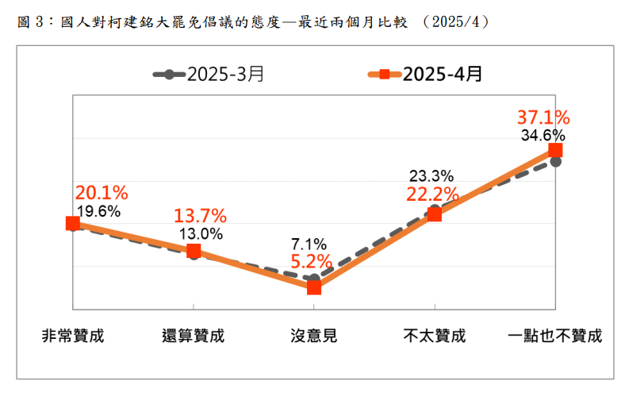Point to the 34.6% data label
[x=543, y=136]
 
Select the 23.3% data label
[x=431, y=176]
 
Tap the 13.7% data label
[x=201, y=215]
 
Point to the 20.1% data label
[x=101, y=192]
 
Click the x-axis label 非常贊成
[x=73, y=335]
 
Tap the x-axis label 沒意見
[x=314, y=335]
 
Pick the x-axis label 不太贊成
[x=434, y=335]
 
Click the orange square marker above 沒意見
[x=314, y=287]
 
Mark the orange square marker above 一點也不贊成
[x=555, y=150]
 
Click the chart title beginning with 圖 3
[x=254, y=21]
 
